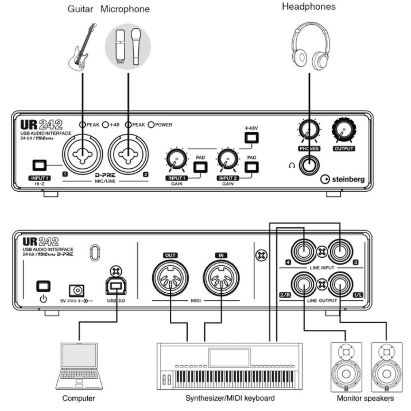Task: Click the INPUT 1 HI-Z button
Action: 40,165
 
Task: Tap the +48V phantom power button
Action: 251,138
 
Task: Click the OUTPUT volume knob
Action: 344,130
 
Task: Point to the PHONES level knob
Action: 309,130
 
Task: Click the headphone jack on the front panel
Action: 309,166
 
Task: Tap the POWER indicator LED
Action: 151,125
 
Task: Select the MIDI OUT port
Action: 170,278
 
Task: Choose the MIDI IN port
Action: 221,278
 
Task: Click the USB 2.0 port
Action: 116,286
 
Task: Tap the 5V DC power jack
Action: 76,290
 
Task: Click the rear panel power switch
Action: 43,286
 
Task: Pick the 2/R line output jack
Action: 304,284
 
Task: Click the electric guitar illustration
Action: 82,47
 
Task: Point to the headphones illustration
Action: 311,46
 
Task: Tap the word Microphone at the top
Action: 125,9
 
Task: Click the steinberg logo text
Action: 348,180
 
